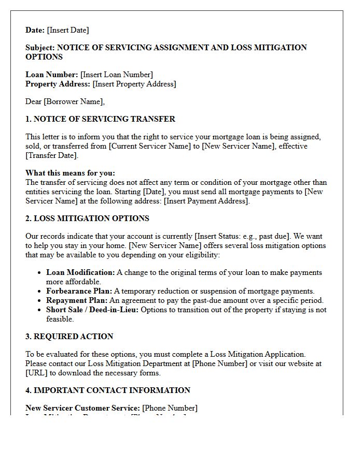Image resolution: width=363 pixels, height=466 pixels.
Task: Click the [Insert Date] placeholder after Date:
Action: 68,30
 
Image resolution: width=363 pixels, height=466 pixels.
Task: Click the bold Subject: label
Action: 40,48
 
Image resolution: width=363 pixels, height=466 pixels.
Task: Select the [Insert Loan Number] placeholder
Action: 117,75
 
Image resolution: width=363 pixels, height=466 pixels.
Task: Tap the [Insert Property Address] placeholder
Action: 134,84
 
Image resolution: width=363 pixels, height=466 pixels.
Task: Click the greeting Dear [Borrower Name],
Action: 65,101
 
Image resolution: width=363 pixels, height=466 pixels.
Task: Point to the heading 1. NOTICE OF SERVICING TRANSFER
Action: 100,119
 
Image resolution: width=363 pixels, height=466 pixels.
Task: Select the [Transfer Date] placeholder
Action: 51,155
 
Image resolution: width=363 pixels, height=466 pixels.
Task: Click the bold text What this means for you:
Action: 71,173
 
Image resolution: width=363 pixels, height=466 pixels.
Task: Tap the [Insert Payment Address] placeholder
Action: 206,201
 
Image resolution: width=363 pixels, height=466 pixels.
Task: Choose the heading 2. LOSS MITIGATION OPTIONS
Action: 87,219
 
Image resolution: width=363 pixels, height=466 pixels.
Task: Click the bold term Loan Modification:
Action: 80,272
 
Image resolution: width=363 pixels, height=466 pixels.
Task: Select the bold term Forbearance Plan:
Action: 79,291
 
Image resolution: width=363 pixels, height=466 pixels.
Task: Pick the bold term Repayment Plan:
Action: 77,300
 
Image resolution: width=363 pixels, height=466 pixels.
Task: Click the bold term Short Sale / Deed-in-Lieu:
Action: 92,310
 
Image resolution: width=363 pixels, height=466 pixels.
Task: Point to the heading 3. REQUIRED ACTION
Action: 69,337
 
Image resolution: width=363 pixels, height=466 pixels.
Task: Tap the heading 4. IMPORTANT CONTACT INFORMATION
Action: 108,390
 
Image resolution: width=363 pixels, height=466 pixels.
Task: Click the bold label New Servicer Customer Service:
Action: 82,408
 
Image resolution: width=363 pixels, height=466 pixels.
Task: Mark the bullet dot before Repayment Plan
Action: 40,301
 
